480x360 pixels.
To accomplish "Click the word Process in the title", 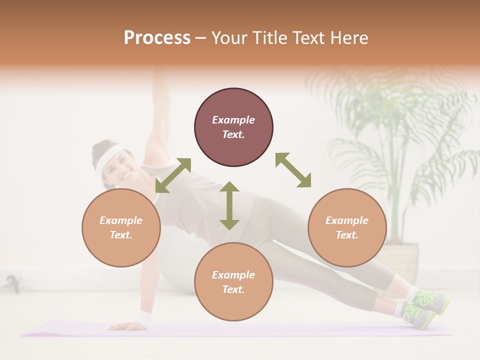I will pyautogui.click(x=157, y=38).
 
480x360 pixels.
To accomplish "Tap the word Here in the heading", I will pyautogui.click(x=348, y=38).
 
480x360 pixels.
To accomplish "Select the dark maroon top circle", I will pyautogui.click(x=233, y=127).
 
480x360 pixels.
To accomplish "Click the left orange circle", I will pyautogui.click(x=121, y=227).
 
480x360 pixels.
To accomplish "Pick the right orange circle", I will pyautogui.click(x=347, y=227).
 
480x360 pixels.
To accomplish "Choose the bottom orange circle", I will pyautogui.click(x=233, y=282).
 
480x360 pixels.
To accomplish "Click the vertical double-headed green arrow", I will pyautogui.click(x=229, y=205).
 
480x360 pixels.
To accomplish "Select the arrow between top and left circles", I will pyautogui.click(x=173, y=175).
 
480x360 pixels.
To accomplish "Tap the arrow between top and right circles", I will pyautogui.click(x=293, y=170).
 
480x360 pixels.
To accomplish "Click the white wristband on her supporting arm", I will pyautogui.click(x=145, y=318).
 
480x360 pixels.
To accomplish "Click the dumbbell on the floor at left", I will pyautogui.click(x=12, y=283).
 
